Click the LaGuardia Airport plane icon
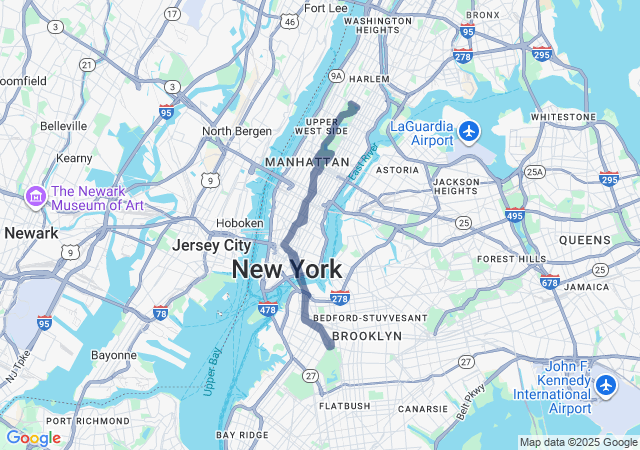pos(470,131)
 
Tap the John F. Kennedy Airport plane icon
pos(606,384)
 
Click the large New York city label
pos(287,269)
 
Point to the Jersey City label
pos(211,245)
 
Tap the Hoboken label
pos(240,223)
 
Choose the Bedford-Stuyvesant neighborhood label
pos(370,318)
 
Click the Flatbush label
pos(344,406)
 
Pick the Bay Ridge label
pos(242,435)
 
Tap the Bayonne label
pos(113,355)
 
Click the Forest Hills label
pos(511,258)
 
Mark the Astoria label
pos(397,170)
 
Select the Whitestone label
pos(562,116)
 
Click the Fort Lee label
pos(325,8)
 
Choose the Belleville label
pos(64,126)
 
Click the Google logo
pos(33,438)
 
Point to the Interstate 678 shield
pos(549,283)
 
